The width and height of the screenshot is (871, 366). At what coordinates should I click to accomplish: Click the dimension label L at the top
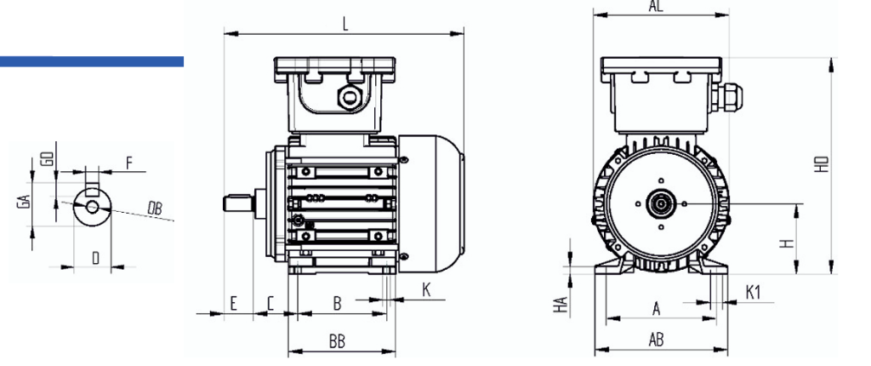pos(345,24)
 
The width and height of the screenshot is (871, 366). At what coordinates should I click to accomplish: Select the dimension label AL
pos(656,5)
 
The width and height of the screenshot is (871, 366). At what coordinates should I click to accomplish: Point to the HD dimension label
pos(822,164)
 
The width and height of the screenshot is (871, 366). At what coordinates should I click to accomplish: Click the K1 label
pos(753,293)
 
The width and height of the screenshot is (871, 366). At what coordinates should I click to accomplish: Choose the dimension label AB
pos(656,340)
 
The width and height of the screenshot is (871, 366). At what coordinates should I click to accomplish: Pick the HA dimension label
pos(561,300)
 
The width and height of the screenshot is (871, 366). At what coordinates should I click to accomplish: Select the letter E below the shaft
pos(232,302)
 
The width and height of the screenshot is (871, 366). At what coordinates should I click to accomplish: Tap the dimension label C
pos(270,302)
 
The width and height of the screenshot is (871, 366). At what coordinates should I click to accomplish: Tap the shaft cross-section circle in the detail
pos(91,205)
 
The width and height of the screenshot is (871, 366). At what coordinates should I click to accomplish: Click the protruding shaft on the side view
pos(239,203)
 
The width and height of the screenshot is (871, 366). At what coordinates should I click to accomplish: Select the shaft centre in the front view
pos(659,203)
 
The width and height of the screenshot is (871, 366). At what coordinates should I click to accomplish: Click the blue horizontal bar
pos(92,60)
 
